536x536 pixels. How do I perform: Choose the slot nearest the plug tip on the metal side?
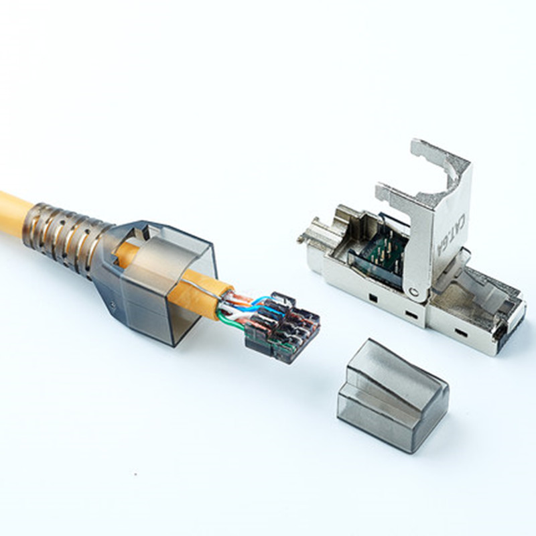click(461, 331)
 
